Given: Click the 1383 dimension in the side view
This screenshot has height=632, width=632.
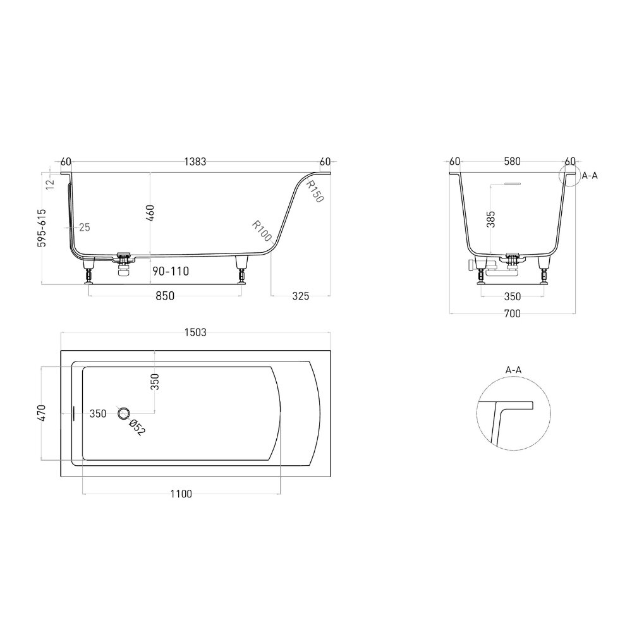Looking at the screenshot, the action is pyautogui.click(x=195, y=162).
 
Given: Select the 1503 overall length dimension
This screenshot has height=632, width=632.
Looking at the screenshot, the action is pyautogui.click(x=195, y=332).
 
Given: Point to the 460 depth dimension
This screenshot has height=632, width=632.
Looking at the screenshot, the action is pyautogui.click(x=150, y=213).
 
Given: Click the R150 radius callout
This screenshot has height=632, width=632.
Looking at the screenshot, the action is pyautogui.click(x=315, y=191).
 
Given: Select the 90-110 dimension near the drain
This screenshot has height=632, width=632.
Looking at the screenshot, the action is pyautogui.click(x=171, y=271).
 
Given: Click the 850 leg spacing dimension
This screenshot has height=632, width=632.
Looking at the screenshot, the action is pyautogui.click(x=165, y=296).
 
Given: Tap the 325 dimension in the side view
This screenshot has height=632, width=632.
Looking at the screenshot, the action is pyautogui.click(x=301, y=296).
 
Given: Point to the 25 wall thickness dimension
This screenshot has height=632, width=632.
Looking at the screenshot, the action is pyautogui.click(x=84, y=228).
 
